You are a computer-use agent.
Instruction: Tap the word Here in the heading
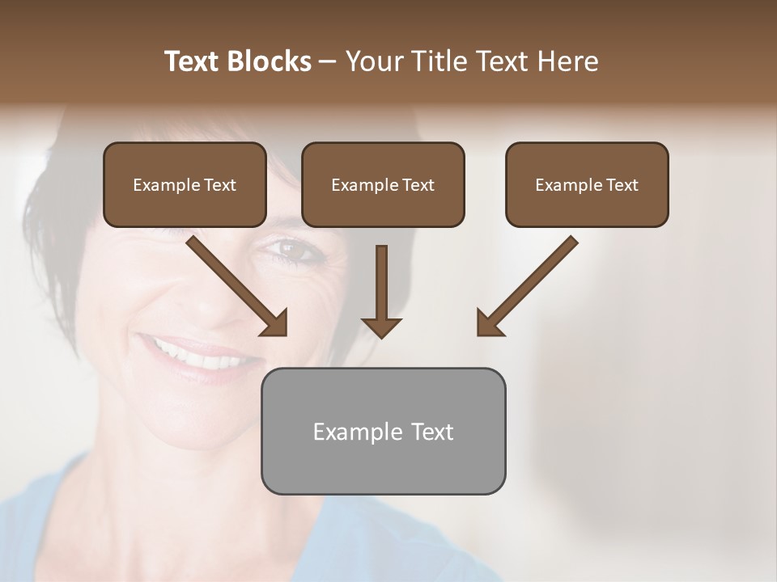(569, 61)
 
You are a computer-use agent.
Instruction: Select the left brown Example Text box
(185, 184)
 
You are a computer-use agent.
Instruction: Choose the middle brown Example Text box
(383, 184)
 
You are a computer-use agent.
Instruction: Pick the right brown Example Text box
(587, 184)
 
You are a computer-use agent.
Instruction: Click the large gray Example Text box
(383, 431)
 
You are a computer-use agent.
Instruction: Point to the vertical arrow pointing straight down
(381, 287)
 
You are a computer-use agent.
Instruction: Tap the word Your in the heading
(376, 61)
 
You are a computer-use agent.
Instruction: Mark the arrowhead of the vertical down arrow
(381, 327)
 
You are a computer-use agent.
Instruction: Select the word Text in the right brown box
(622, 185)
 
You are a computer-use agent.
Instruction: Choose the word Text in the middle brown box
(418, 185)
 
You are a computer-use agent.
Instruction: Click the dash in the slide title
(328, 61)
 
